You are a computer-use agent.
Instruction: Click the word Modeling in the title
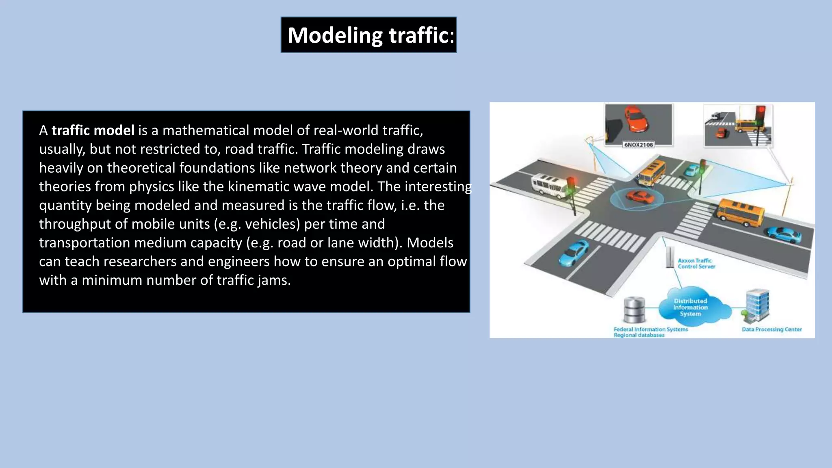click(335, 35)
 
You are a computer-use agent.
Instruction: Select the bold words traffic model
click(93, 130)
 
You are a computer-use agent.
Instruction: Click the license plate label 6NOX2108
click(638, 145)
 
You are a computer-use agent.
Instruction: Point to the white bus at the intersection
click(549, 186)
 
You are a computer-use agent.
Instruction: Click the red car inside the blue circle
click(640, 197)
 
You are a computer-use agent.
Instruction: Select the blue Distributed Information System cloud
click(691, 307)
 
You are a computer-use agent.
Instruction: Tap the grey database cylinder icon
click(634, 310)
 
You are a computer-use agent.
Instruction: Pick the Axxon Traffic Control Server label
click(696, 263)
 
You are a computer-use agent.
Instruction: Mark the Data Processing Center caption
click(771, 329)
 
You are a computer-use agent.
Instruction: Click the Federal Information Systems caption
click(650, 329)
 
